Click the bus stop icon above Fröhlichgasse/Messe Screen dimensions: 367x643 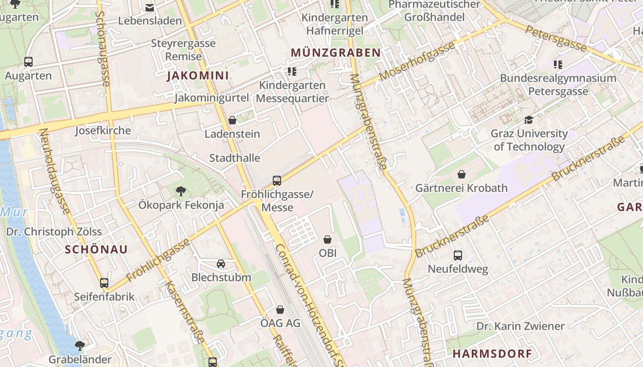pyautogui.click(x=277, y=180)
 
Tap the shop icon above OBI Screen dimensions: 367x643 pyautogui.click(x=327, y=239)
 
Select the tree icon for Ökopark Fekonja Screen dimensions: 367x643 pyautogui.click(x=181, y=191)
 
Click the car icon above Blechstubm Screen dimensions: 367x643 pyautogui.click(x=221, y=263)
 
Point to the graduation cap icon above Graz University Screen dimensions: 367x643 pyautogui.click(x=529, y=120)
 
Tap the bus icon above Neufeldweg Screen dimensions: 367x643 pyautogui.click(x=458, y=255)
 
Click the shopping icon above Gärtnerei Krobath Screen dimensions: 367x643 pyautogui.click(x=462, y=174)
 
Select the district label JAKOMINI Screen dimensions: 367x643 pyautogui.click(x=198, y=76)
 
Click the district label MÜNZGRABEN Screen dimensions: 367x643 pyautogui.click(x=336, y=53)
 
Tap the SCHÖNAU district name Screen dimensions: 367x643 pyautogui.click(x=96, y=250)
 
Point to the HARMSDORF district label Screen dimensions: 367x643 pyautogui.click(x=492, y=354)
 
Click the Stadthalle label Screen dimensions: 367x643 pyautogui.click(x=235, y=158)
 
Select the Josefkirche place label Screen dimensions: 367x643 pyautogui.click(x=103, y=131)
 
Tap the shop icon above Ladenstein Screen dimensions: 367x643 pyautogui.click(x=232, y=120)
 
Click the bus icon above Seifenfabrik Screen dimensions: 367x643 pyautogui.click(x=104, y=283)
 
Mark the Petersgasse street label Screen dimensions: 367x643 pyautogui.click(x=556, y=38)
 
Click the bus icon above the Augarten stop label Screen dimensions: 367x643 pyautogui.click(x=28, y=62)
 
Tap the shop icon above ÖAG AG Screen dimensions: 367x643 pyautogui.click(x=280, y=310)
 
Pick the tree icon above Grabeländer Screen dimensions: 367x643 pyautogui.click(x=80, y=345)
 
